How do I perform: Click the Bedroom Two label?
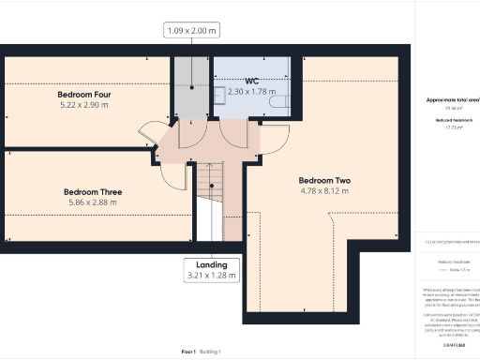click(x=323, y=180)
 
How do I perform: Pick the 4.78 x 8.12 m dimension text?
click(x=323, y=191)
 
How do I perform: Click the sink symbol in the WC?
click(x=217, y=94)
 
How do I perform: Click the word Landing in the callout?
click(x=211, y=265)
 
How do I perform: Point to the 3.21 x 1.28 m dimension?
click(x=211, y=277)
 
